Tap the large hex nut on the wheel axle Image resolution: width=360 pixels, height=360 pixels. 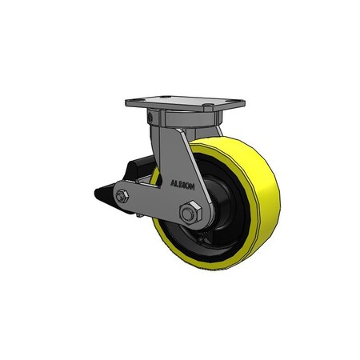click(x=189, y=214)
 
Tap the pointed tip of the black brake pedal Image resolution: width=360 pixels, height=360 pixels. click(x=95, y=193)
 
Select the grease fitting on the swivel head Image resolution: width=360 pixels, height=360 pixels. click(x=149, y=118)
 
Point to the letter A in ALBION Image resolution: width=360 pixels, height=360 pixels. click(x=172, y=182)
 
